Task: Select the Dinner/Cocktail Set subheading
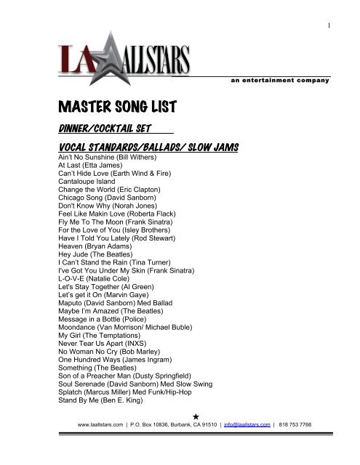click(103, 130)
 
